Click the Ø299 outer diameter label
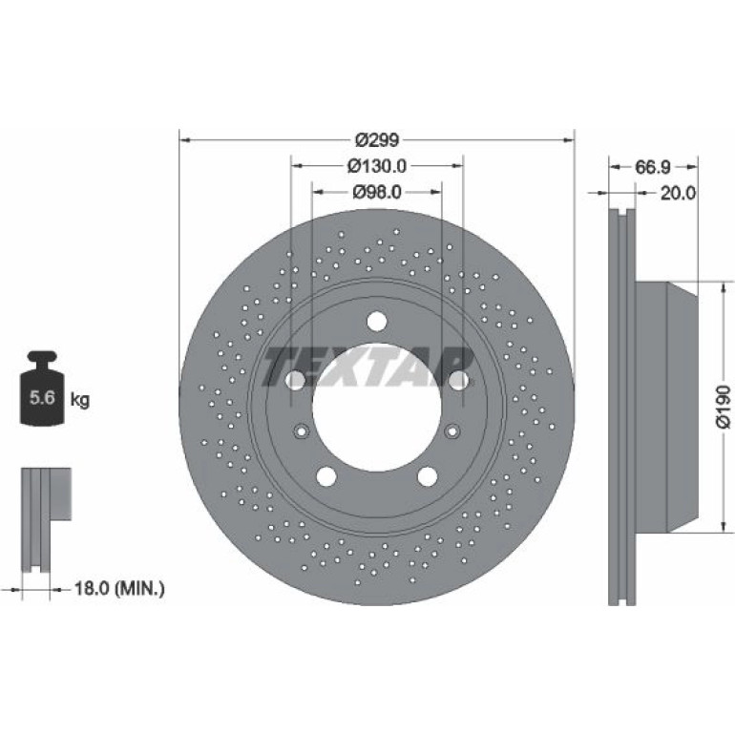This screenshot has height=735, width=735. click(377, 139)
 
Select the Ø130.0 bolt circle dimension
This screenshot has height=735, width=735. click(376, 166)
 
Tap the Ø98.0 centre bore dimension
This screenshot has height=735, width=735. click(377, 192)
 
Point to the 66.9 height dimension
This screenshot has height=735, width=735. click(653, 167)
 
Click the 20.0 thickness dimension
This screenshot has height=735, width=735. click(678, 193)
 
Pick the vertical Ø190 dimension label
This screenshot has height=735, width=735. click(723, 407)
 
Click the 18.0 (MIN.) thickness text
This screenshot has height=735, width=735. click(119, 588)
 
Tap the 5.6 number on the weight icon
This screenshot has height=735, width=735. click(42, 397)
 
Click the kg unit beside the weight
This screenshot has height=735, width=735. click(79, 400)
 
